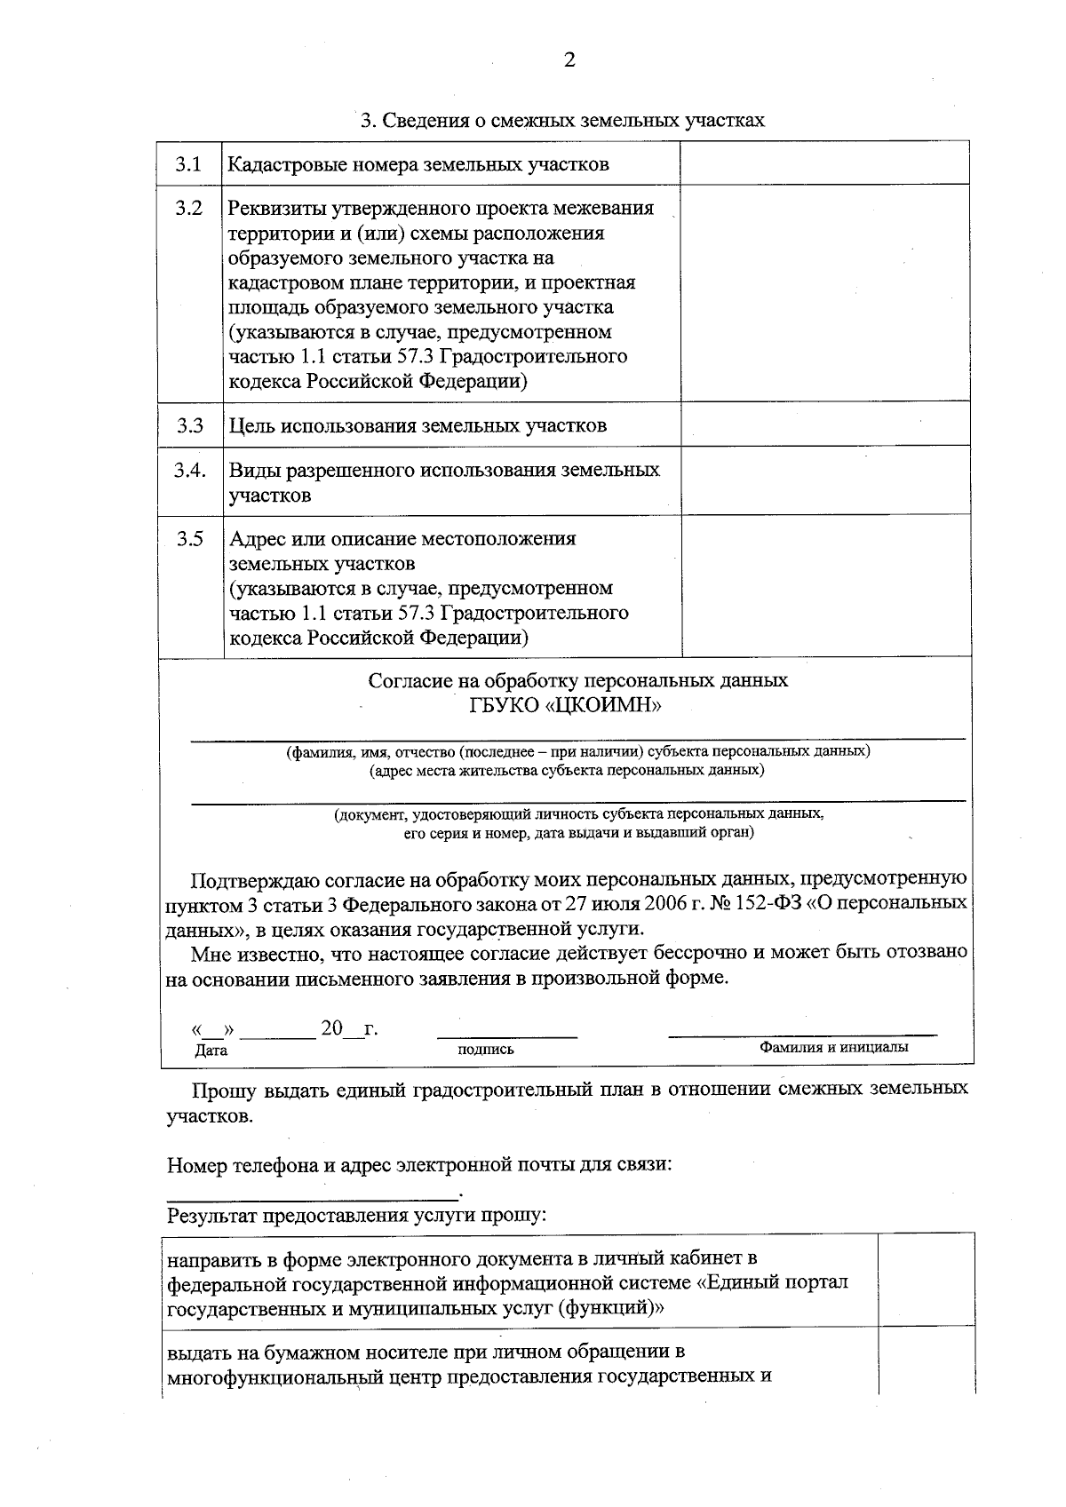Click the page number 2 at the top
(x=569, y=60)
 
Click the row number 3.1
(x=188, y=164)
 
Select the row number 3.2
(x=188, y=209)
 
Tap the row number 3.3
(x=189, y=425)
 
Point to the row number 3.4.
(x=190, y=470)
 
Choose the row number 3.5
(x=189, y=539)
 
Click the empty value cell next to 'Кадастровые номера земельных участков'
(x=823, y=163)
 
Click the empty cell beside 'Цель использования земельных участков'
(x=823, y=424)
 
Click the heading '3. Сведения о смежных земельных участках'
(x=561, y=120)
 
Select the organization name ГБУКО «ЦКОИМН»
(x=566, y=706)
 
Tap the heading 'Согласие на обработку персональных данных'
(x=577, y=681)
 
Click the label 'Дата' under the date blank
(x=211, y=1051)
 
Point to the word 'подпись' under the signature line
(x=485, y=1050)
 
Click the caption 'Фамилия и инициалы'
(x=833, y=1047)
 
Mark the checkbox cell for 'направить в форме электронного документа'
(x=925, y=1282)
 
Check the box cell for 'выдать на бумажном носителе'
(x=925, y=1364)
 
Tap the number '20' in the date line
(x=331, y=1028)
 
